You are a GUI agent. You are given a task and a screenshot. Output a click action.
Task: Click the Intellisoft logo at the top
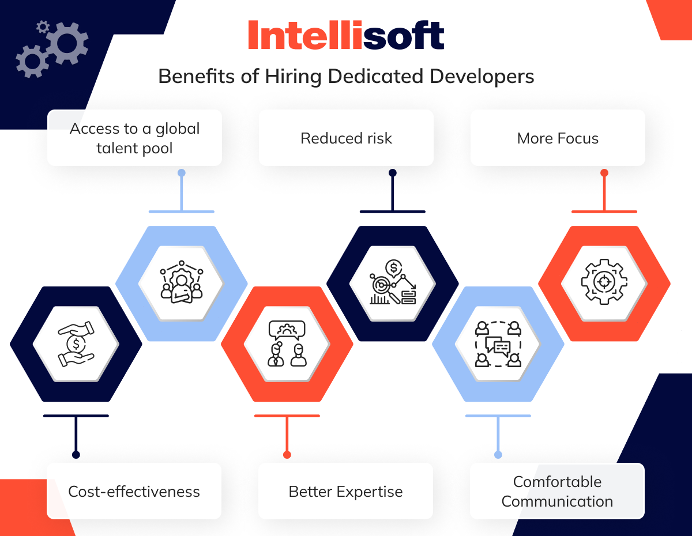tap(346, 35)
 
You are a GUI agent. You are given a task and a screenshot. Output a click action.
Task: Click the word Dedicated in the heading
tap(375, 77)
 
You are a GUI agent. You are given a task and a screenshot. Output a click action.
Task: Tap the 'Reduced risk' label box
tap(346, 138)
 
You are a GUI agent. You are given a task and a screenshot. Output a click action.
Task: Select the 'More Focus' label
tap(558, 138)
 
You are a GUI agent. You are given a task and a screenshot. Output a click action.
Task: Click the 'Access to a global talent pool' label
tap(134, 138)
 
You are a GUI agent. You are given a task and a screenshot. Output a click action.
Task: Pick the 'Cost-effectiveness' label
tap(134, 491)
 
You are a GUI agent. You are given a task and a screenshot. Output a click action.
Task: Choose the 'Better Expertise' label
tap(345, 491)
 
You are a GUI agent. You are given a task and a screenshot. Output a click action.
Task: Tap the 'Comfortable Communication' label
tap(557, 491)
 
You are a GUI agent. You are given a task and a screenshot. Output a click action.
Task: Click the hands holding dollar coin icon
tap(76, 344)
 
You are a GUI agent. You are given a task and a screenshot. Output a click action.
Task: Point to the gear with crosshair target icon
tap(604, 282)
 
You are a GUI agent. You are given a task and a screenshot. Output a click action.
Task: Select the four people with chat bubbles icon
tap(498, 344)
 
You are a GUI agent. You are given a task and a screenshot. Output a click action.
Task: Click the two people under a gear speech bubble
tap(287, 344)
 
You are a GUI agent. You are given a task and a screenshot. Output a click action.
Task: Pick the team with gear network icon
tap(182, 282)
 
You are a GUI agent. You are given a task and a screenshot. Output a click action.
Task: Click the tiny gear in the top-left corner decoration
tap(43, 27)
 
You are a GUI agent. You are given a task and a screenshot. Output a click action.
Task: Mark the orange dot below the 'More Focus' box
tap(604, 173)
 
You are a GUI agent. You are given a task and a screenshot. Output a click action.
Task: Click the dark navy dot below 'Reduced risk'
tap(393, 173)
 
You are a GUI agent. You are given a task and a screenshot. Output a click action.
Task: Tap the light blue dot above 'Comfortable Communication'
tap(498, 455)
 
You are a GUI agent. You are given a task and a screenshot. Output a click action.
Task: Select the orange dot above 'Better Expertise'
tap(287, 455)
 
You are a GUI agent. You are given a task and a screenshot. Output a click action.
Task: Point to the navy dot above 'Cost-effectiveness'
tap(76, 455)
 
